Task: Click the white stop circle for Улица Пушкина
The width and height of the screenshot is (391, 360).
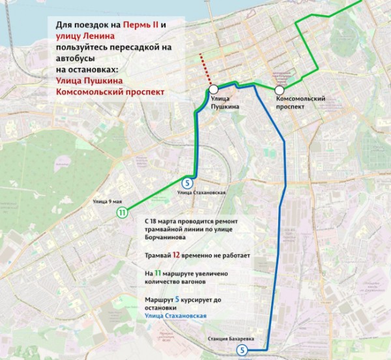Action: (214, 90)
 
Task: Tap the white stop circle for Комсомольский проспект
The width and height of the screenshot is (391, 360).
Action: (280, 90)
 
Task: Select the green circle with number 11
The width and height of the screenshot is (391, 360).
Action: (121, 212)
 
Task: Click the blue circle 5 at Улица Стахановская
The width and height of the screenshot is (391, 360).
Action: (187, 183)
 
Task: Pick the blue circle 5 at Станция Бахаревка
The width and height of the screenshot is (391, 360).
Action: (242, 351)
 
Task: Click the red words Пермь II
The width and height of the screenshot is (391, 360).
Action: (138, 25)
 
